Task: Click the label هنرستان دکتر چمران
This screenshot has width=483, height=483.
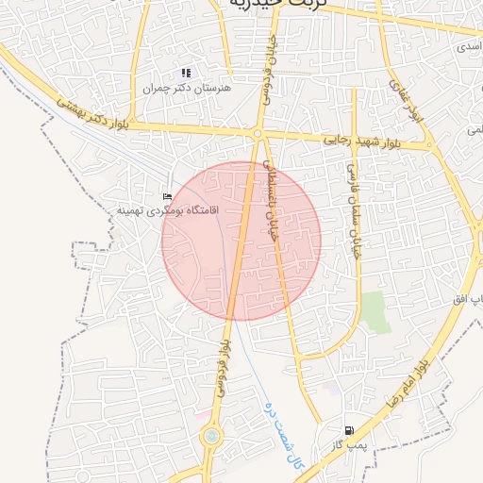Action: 186,88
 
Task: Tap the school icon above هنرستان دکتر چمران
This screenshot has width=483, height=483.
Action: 186,73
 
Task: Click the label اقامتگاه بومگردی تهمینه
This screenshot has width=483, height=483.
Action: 166,210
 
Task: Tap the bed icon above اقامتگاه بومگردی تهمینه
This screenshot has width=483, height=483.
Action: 167,197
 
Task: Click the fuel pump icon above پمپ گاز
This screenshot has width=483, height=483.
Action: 349,429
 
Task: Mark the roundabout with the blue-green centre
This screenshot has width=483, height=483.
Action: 212,437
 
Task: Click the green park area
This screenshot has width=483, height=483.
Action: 376,312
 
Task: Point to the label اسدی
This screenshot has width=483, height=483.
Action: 468,46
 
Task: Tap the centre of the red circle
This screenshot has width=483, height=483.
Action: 241,241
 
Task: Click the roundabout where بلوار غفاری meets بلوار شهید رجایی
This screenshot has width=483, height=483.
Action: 430,145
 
